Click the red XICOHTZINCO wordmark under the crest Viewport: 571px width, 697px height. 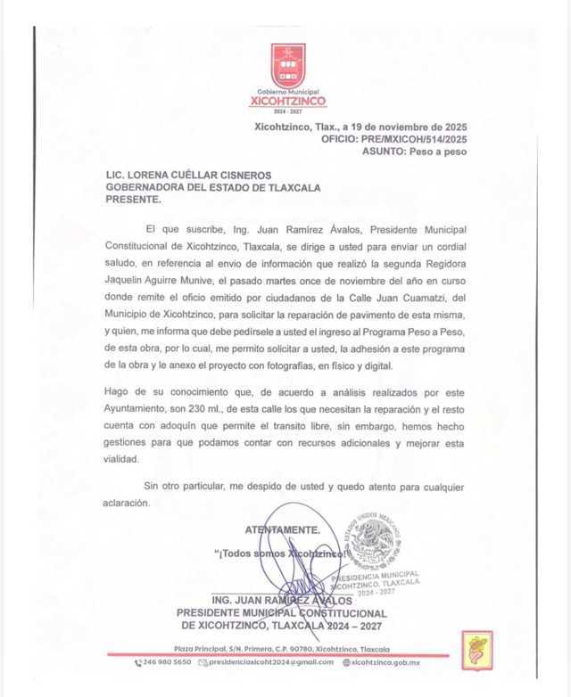click(288, 102)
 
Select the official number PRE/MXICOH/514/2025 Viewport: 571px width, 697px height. click(418, 139)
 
